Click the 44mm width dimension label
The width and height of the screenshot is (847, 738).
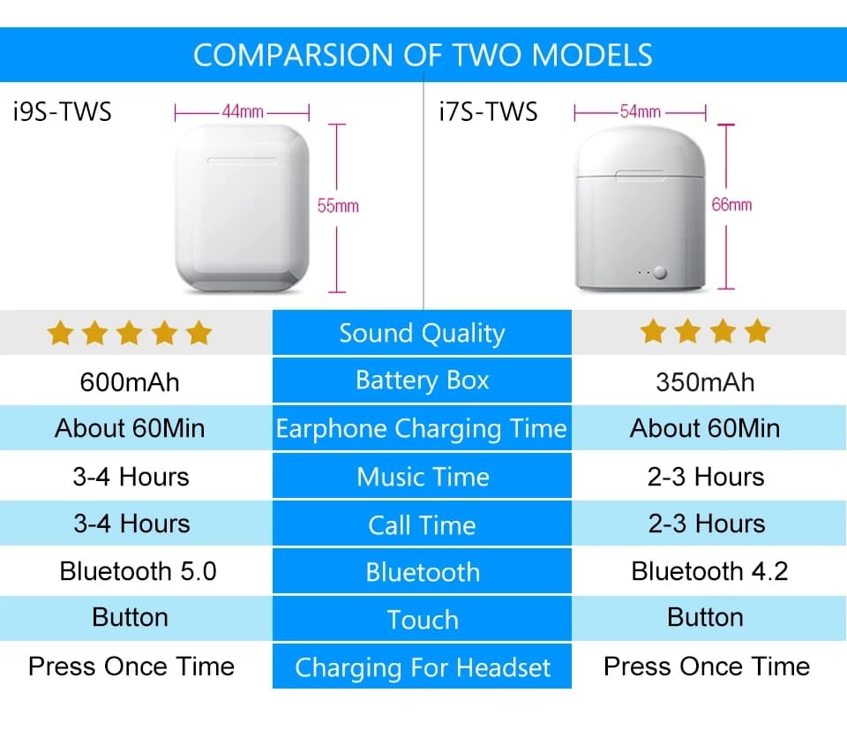click(x=243, y=112)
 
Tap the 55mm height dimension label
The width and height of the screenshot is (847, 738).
click(x=338, y=206)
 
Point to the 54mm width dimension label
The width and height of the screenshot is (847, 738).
click(x=641, y=112)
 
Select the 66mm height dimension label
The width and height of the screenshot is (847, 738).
click(x=731, y=205)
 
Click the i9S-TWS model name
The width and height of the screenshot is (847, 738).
click(x=62, y=112)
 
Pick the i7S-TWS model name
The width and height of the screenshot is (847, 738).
click(x=488, y=112)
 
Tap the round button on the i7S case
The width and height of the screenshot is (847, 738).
click(x=660, y=273)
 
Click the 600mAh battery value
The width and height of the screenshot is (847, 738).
click(x=130, y=382)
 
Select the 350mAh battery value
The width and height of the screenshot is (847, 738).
click(x=705, y=382)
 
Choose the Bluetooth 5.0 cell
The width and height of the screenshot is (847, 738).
click(x=138, y=571)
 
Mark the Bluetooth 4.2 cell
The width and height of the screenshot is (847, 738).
click(x=709, y=571)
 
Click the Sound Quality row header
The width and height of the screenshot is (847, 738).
click(x=422, y=333)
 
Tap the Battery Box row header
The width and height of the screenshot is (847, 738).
click(x=422, y=380)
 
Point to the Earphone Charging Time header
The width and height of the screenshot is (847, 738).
click(x=422, y=428)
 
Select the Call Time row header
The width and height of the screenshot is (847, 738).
click(x=422, y=524)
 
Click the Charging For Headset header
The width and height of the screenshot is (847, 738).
click(x=422, y=667)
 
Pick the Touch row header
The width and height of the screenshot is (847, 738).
click(x=422, y=620)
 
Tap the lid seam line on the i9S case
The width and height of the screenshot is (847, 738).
click(x=242, y=160)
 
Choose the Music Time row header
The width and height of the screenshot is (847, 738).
click(x=422, y=477)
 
